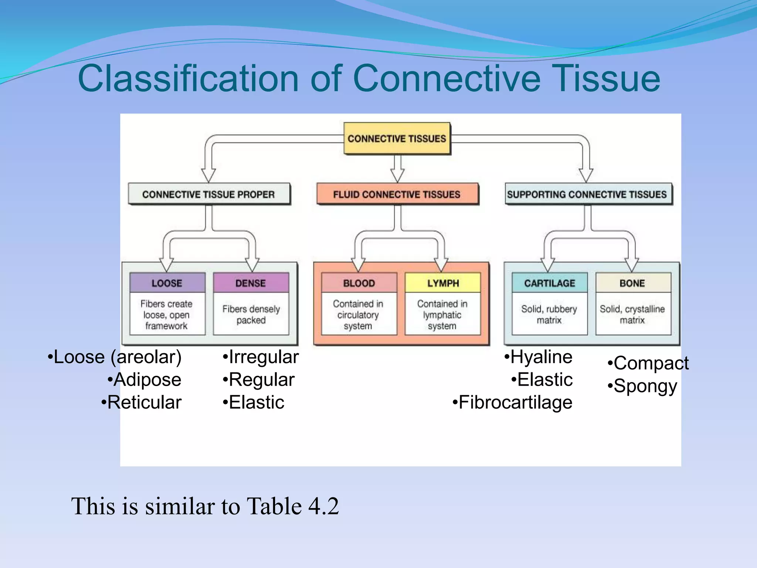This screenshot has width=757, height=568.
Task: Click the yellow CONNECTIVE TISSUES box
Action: [x=397, y=139]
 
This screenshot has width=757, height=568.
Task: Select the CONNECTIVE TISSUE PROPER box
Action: [x=209, y=194]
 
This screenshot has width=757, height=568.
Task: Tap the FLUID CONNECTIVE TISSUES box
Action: [x=397, y=194]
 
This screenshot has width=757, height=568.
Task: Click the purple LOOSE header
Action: [x=167, y=283]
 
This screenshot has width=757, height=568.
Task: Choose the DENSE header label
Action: [x=251, y=283]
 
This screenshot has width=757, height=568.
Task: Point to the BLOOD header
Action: [x=359, y=283]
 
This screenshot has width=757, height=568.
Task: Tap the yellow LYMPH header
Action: [x=443, y=283]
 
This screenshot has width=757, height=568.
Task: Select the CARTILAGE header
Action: [x=550, y=283]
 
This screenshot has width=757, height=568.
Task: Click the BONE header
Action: [x=632, y=283]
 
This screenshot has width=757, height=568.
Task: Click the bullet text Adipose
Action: [x=147, y=380]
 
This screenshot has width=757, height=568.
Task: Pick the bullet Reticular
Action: [x=144, y=402]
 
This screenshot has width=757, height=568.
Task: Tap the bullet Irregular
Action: [x=263, y=357]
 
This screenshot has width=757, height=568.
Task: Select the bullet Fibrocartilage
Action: [x=515, y=402]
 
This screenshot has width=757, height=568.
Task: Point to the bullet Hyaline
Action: [x=541, y=357]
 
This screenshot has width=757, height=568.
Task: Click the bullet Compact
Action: [x=651, y=363]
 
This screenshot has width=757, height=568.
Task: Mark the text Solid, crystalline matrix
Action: [x=632, y=314]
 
